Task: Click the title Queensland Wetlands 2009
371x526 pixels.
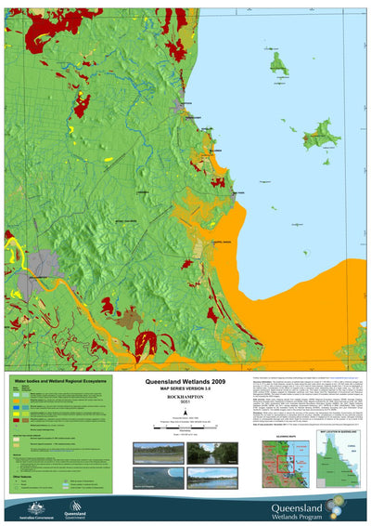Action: coord(185,382)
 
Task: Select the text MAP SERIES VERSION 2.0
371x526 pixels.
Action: coord(185,389)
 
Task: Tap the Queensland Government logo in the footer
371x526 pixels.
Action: coord(75,507)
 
